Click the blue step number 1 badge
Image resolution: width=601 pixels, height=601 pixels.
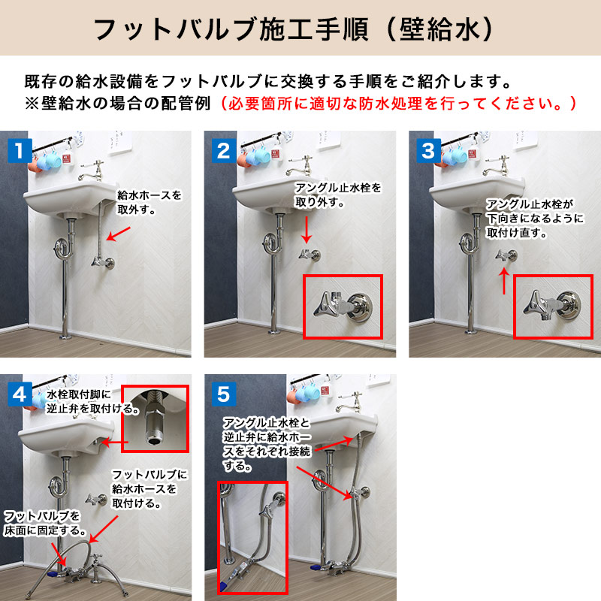(x=20, y=151)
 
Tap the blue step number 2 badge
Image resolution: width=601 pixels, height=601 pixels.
(x=224, y=151)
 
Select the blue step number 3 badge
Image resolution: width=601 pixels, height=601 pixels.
(x=429, y=151)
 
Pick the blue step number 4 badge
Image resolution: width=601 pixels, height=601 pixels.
(x=20, y=394)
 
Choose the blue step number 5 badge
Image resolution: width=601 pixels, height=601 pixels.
(x=224, y=394)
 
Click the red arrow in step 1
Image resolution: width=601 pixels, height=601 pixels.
(x=118, y=234)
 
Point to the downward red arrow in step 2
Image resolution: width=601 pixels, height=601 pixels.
(x=306, y=230)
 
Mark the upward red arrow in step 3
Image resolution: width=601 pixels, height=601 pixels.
(x=504, y=281)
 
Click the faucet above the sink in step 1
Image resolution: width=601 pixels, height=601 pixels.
(x=92, y=171)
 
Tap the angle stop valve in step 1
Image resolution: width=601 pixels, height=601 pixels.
(x=103, y=262)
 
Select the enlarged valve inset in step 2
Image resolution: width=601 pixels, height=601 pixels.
(x=343, y=307)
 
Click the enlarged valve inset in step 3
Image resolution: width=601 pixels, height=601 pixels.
(x=553, y=307)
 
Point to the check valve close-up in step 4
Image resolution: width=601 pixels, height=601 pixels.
(x=156, y=418)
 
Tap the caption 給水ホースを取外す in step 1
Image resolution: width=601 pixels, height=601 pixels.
(x=149, y=202)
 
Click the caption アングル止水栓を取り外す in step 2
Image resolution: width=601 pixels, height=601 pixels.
(x=338, y=195)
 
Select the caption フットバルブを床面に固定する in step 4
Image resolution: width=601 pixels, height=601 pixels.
(x=45, y=523)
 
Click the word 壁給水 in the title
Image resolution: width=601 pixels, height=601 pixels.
(x=439, y=30)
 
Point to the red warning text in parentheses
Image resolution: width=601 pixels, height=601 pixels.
(x=398, y=104)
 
